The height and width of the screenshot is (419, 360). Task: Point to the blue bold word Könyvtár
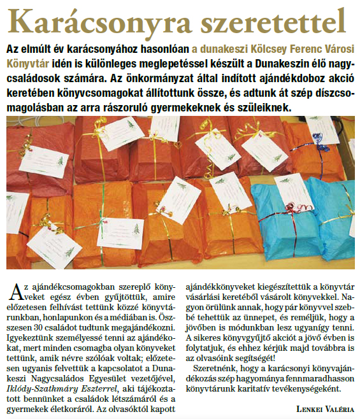click(x=27, y=63)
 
